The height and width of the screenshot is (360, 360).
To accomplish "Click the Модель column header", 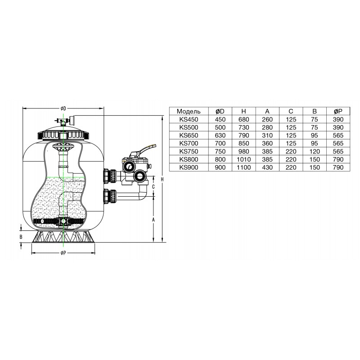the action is pos(189,111).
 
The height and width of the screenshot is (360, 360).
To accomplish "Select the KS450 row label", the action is pos(189,119).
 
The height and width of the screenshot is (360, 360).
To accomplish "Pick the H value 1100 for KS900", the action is pos(243,167).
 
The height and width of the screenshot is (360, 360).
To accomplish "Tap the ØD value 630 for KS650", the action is pos(220,135).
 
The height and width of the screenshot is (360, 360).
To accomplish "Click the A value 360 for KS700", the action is pos(267,144).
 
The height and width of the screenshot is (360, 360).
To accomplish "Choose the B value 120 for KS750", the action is pos(314,152).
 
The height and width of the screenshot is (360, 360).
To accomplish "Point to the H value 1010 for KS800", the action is pos(243,159).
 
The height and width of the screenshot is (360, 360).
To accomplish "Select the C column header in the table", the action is pos(291,111).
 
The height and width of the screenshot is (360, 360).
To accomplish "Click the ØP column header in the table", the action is pos(338,111).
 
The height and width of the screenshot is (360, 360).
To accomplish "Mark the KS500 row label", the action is pos(189,127).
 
